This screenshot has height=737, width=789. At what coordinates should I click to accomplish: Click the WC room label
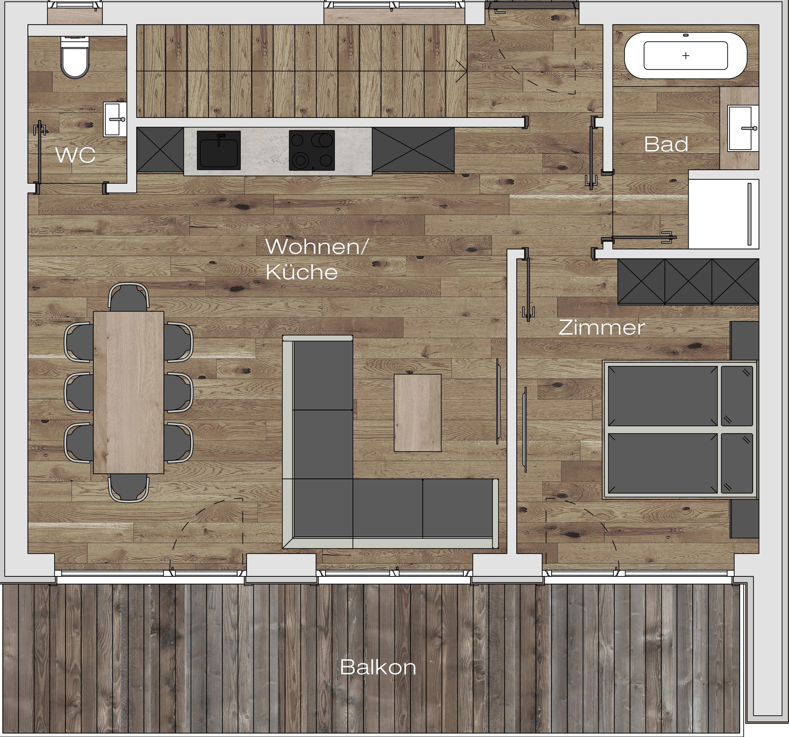coord(75,155)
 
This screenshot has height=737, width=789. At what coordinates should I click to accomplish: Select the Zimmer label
coord(601,328)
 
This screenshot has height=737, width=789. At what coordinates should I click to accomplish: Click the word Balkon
coord(378,667)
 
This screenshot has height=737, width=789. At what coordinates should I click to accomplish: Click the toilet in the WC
coord(75,58)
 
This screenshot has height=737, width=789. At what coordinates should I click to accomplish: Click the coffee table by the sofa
coord(418,412)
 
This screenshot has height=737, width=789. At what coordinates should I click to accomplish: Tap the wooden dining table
coord(129,392)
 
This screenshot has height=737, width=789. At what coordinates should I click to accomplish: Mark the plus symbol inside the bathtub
coord(686,56)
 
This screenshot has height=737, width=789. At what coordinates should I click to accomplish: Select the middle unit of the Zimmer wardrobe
coord(688,281)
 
